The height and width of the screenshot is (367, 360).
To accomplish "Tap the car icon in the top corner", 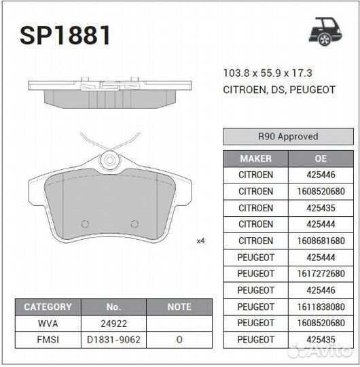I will [x=325, y=30].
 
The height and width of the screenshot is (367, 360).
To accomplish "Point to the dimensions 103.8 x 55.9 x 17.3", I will [x=268, y=73].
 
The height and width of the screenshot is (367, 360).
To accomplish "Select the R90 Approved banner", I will [x=288, y=137].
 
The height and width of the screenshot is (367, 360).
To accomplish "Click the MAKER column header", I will [x=255, y=158].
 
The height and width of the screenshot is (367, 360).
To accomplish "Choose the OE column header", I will [x=321, y=158].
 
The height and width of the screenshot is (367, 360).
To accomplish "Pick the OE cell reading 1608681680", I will [x=321, y=241].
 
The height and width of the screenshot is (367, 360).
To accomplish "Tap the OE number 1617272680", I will [x=321, y=273].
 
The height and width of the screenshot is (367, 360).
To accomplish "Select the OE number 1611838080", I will [x=321, y=307].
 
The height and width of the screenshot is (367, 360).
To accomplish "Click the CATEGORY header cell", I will [x=48, y=307].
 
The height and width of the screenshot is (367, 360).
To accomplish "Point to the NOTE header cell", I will [x=179, y=307].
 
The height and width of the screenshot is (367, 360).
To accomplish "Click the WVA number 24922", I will [x=113, y=324].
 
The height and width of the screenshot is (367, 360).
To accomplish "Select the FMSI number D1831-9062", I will [x=113, y=340].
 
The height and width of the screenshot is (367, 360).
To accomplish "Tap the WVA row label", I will [x=48, y=324].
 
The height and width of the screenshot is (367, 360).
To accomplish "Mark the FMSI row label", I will [x=48, y=340].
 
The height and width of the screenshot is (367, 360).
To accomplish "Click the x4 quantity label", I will [x=200, y=241].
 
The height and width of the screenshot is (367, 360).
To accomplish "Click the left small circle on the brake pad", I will [x=86, y=224].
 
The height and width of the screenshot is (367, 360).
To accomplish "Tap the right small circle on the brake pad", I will [x=134, y=224].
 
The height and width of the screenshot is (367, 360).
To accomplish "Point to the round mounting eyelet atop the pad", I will [x=109, y=162].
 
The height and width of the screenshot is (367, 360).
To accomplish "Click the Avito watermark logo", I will [x=319, y=350].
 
